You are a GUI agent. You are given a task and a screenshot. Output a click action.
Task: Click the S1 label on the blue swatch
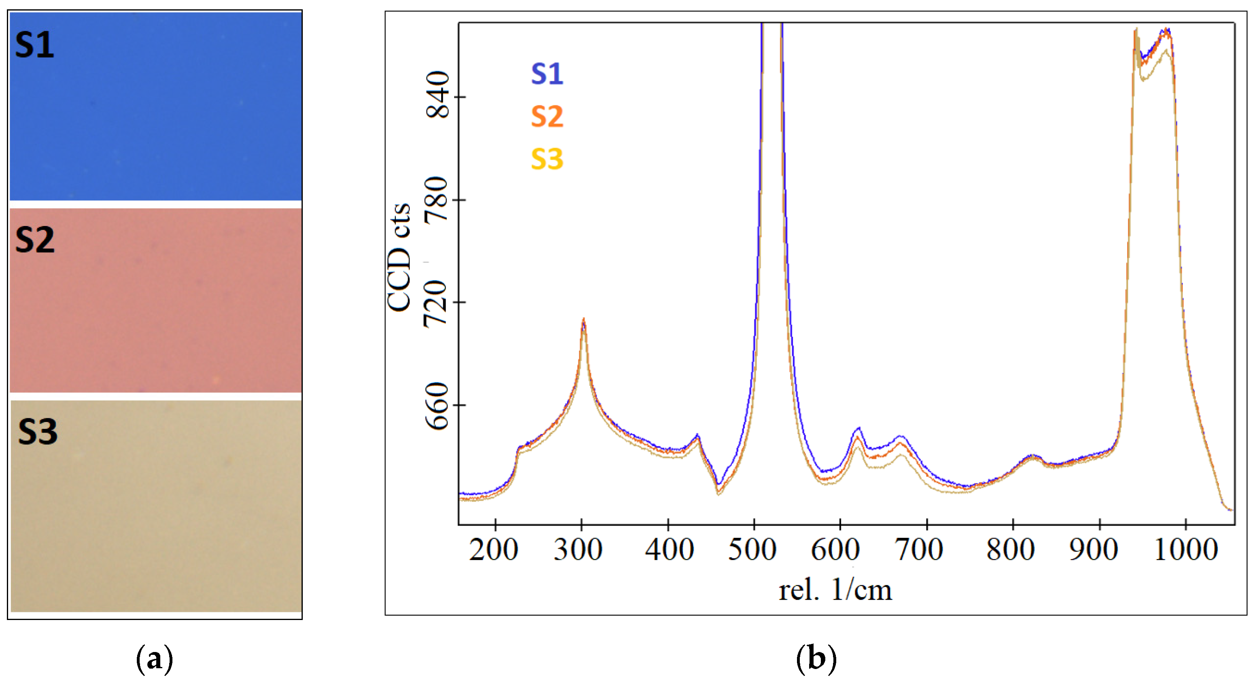34,45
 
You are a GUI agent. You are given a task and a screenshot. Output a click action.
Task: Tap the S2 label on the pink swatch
35,240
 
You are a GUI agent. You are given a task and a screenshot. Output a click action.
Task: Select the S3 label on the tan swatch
38,432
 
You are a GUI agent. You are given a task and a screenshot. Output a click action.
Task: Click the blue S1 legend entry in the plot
547,74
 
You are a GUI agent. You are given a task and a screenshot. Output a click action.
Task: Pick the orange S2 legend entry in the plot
547,117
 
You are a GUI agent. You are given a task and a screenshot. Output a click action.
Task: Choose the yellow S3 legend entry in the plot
547,159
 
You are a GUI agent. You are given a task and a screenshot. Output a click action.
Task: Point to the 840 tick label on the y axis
438,95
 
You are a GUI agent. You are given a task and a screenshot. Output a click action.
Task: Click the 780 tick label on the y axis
437,199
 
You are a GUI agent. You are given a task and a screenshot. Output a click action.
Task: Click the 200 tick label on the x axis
493,550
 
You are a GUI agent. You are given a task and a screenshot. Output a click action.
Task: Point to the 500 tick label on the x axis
752,550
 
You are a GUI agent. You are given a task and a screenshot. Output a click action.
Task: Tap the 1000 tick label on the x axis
1186,550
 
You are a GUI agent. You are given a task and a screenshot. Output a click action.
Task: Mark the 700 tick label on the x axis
918,550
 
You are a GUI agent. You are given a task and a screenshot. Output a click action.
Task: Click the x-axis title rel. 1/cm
835,590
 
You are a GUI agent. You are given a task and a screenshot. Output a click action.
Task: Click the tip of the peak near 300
583,320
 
